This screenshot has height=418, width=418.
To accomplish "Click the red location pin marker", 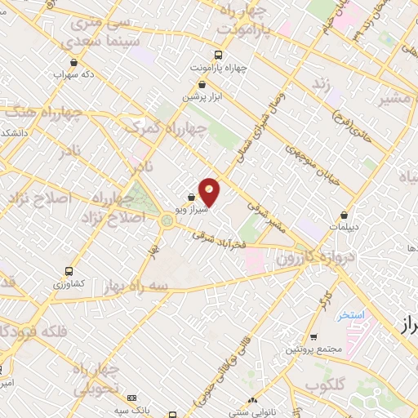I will coord(210,191).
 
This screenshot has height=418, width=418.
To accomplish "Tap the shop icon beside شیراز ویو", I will coord(191,198).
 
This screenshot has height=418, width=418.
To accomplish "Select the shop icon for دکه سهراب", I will coord(75,62).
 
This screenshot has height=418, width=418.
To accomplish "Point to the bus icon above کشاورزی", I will coord(67,271).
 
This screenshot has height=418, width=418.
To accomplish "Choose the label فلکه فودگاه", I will coord(29,331).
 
